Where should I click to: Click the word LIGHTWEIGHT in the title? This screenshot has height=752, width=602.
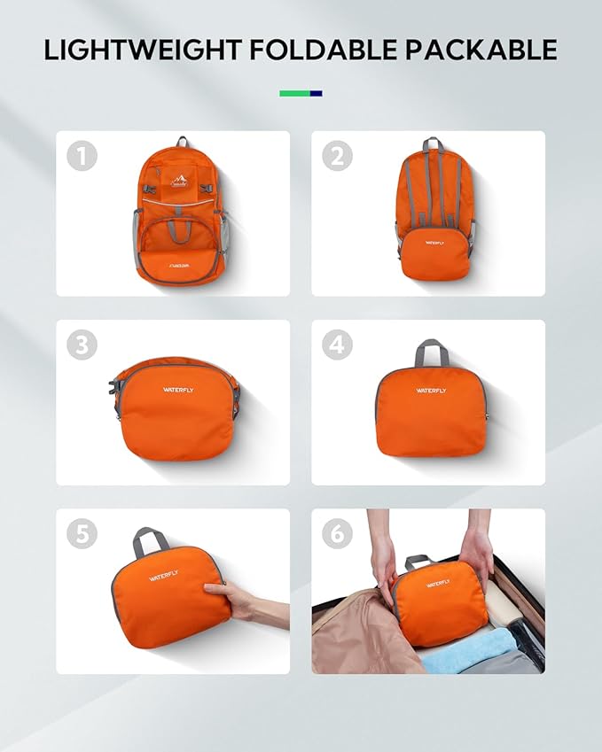(x=143, y=50)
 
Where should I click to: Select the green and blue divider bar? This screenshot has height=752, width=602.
(x=301, y=93)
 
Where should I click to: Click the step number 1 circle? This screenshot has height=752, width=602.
(x=82, y=156)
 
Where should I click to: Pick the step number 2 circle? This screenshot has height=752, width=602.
(x=337, y=156)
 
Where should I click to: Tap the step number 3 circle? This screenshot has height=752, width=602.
(x=82, y=345)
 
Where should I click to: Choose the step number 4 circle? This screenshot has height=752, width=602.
(x=337, y=345)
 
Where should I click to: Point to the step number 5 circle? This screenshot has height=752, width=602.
(x=82, y=533)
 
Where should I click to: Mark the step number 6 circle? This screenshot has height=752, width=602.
(x=337, y=533)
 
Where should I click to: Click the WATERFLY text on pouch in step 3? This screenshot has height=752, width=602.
(x=176, y=389)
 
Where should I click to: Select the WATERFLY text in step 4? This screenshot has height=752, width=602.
(x=432, y=390)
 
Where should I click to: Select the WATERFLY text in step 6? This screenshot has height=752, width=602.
(x=438, y=584)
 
